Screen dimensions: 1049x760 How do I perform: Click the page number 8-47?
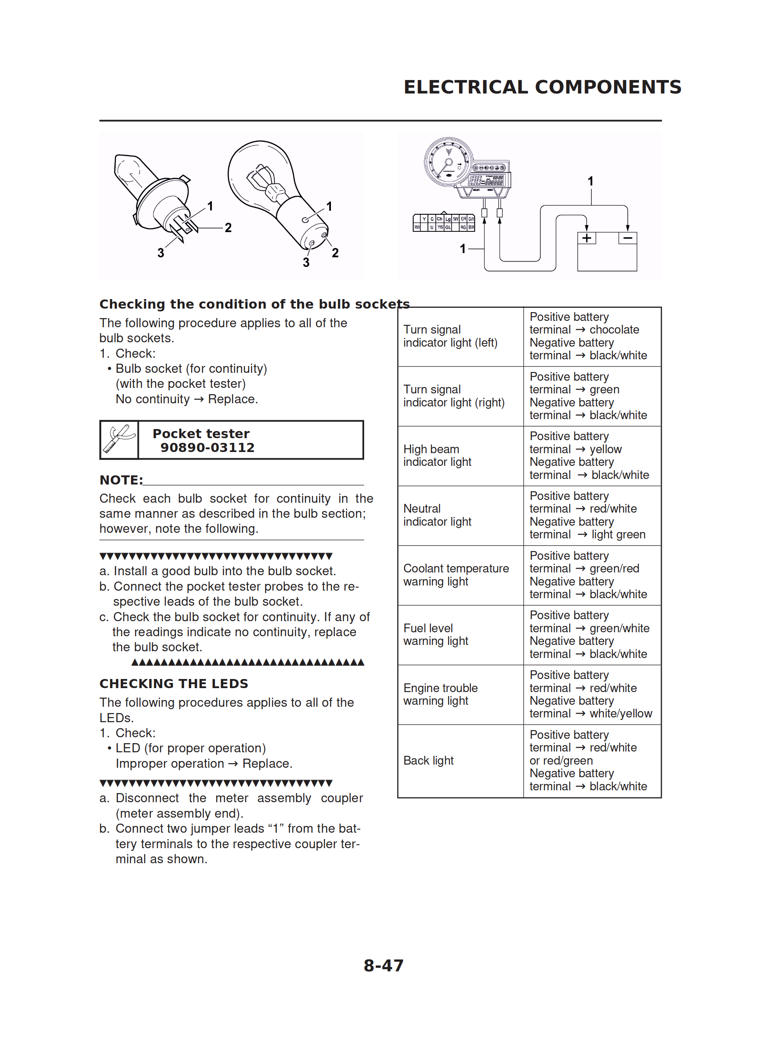(383, 965)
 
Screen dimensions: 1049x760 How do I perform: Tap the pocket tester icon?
(119, 440)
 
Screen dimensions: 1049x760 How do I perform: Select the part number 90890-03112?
(207, 448)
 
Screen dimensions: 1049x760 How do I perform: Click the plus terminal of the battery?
(587, 238)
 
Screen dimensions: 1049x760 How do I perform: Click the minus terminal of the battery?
(627, 238)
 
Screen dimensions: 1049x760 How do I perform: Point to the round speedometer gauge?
(448, 162)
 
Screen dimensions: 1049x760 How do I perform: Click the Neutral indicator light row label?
(437, 515)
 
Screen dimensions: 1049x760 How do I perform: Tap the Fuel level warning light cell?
(435, 635)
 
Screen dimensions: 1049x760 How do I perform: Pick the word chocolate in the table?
(614, 330)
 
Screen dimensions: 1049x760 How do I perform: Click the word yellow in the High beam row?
(606, 449)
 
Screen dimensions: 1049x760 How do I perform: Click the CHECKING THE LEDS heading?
(174, 684)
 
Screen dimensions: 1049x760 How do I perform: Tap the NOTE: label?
(121, 480)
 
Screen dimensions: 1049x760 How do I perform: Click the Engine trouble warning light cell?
(440, 694)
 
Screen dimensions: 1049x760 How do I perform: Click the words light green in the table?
(618, 535)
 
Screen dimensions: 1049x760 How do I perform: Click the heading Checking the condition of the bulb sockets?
(254, 304)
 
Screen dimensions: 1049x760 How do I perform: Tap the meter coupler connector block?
(443, 223)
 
